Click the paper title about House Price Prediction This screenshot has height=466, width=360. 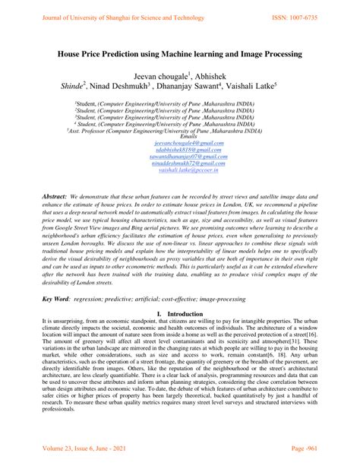(180, 55)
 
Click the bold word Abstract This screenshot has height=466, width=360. (55, 196)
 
